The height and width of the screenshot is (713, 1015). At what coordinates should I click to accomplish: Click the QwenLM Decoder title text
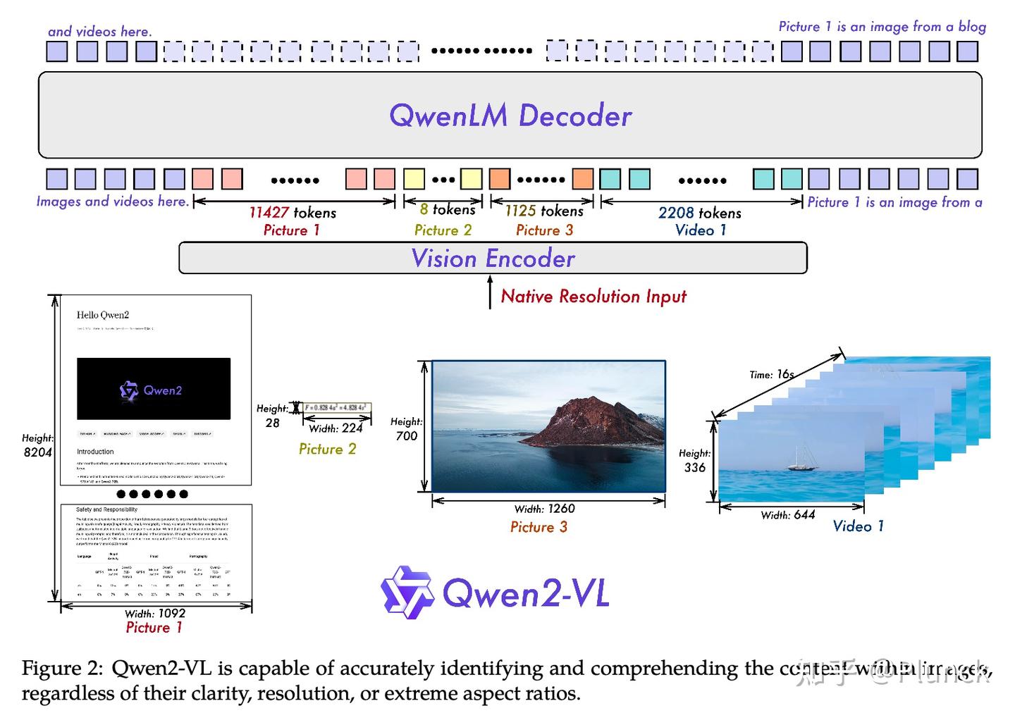coord(510,116)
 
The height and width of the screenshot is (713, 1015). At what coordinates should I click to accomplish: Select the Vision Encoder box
coord(493,259)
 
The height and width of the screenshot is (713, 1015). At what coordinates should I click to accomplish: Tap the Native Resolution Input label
coord(593,297)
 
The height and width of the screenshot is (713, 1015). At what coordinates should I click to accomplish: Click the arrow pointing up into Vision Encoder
coord(490,292)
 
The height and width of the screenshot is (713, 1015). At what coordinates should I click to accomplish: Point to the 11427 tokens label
coord(292,212)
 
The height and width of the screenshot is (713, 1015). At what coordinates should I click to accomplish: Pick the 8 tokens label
coord(447,209)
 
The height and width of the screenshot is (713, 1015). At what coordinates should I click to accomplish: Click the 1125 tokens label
coord(543,211)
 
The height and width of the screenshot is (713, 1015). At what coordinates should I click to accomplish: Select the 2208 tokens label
coord(699,213)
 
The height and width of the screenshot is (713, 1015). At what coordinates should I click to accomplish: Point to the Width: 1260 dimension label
coord(544,509)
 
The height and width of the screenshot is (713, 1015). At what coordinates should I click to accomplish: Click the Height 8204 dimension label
coord(37,445)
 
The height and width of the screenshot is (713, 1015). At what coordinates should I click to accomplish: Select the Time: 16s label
coord(771,375)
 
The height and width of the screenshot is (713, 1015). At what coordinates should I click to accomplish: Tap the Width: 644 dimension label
coord(787,515)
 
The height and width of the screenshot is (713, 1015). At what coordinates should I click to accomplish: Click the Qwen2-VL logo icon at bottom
coord(407,593)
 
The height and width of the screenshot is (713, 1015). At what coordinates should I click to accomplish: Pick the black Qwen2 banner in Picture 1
coord(154,389)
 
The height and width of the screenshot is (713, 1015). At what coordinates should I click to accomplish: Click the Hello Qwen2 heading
coord(103,315)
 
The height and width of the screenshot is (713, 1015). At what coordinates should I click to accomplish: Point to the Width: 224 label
coord(336,428)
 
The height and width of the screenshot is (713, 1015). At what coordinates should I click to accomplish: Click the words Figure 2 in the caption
coord(62,668)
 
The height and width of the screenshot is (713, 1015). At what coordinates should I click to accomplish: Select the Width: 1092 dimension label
coord(154,614)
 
